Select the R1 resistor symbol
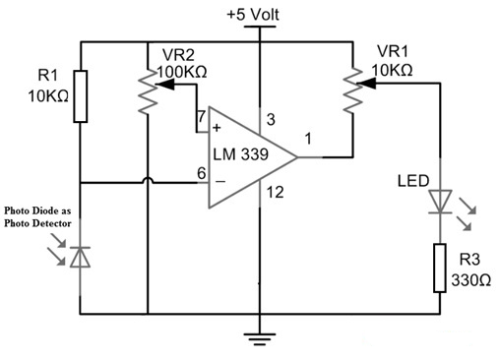click(x=80, y=95)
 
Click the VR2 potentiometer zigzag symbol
click(x=147, y=91)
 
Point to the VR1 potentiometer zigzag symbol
click(x=351, y=91)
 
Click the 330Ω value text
click(x=471, y=279)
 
